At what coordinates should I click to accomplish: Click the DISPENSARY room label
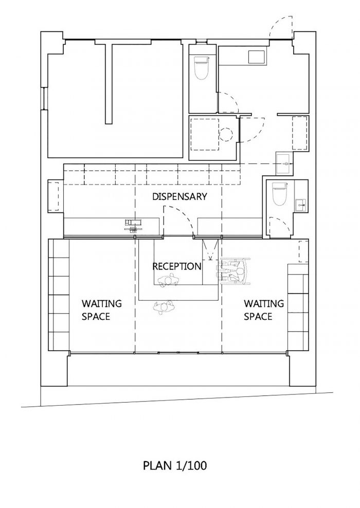[x=179, y=196]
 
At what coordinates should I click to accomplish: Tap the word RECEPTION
[x=177, y=266]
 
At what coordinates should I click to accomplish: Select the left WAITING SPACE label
[x=101, y=310]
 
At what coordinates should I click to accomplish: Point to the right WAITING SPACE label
[x=264, y=310]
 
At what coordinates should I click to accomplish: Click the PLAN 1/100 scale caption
[x=175, y=465]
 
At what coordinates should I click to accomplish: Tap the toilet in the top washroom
[x=201, y=68]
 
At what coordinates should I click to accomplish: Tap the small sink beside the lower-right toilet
[x=301, y=205]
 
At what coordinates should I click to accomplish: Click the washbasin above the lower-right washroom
[x=284, y=164]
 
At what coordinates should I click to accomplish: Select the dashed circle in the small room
[x=226, y=134]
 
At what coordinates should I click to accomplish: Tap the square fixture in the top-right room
[x=257, y=58]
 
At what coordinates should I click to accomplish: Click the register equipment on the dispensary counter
[x=134, y=226]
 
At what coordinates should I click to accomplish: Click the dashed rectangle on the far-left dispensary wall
[x=54, y=196]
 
